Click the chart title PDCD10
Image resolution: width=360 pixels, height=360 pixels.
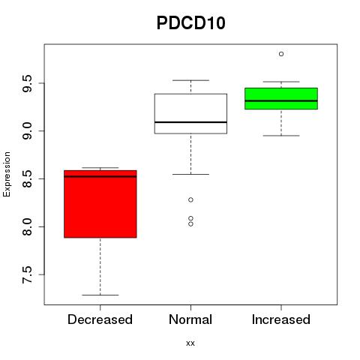click(x=191, y=23)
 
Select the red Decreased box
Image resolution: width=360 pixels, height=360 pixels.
click(x=100, y=204)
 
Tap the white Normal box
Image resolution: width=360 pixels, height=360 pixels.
click(x=190, y=114)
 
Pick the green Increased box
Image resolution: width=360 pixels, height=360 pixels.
click(x=281, y=98)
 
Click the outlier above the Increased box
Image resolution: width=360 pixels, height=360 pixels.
click(x=281, y=54)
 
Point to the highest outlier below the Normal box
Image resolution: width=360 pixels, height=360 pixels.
click(x=190, y=199)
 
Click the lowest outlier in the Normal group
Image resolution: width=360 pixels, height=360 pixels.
click(x=190, y=224)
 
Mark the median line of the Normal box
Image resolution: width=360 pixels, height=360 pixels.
click(x=190, y=122)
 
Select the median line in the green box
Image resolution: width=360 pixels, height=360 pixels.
click(x=281, y=101)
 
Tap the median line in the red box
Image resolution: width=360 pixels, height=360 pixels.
click(x=100, y=176)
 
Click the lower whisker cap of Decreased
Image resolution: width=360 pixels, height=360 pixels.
click(x=100, y=295)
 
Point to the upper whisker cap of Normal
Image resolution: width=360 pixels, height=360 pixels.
click(x=190, y=80)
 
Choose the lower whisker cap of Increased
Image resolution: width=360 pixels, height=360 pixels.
click(x=281, y=136)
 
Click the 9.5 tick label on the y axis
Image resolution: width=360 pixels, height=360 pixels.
click(x=27, y=83)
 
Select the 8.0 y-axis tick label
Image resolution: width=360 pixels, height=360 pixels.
click(x=27, y=226)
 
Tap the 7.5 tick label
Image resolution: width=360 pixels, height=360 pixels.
click(x=27, y=274)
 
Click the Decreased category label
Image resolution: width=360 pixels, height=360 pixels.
click(x=100, y=319)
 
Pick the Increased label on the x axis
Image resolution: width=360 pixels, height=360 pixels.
click(x=281, y=319)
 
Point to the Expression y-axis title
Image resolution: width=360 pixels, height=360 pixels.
click(x=7, y=174)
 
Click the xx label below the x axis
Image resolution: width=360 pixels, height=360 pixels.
click(x=190, y=343)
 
